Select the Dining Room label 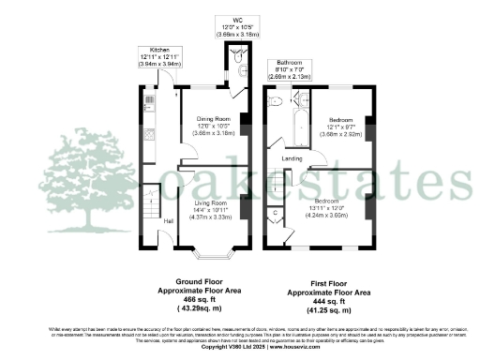pos(212,119)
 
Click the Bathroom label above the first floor pos(289,62)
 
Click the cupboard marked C pos(273,214)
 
